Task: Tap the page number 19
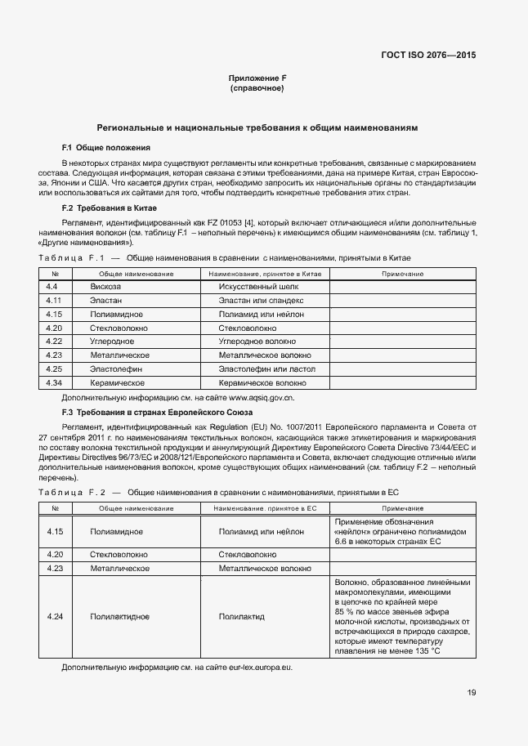472,693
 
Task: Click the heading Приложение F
257,78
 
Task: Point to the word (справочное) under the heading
257,88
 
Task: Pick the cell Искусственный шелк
254,287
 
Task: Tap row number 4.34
54,382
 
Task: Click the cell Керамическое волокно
262,382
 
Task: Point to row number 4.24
55,616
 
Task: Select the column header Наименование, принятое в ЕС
265,508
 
